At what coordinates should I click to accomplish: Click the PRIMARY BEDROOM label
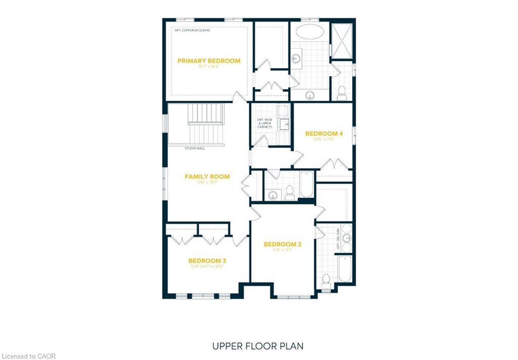point(209,61)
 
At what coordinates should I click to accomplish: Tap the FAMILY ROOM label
point(207,177)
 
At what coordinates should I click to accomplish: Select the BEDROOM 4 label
point(324,134)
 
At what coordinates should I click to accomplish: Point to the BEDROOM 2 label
point(282,245)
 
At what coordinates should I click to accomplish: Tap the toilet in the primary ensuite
point(341,92)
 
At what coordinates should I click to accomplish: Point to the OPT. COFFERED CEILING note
point(192,30)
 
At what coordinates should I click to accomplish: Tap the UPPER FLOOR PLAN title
point(258,346)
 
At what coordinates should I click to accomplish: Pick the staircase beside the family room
point(206,124)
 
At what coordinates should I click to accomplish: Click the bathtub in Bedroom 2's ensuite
point(344,268)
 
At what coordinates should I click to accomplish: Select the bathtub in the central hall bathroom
point(306,185)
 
